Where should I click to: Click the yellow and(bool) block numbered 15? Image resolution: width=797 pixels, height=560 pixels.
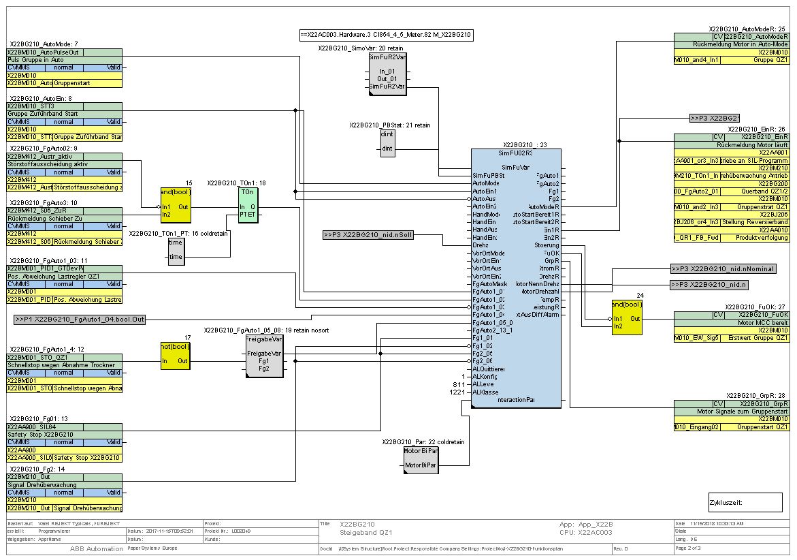[x=176, y=205]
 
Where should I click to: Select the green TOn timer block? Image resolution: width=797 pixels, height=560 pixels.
[x=248, y=205]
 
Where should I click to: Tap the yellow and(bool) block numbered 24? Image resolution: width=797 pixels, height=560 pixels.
[x=626, y=317]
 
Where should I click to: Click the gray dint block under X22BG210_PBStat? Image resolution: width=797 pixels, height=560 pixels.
[x=387, y=143]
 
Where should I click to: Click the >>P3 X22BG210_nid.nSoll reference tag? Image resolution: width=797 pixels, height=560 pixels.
[x=368, y=235]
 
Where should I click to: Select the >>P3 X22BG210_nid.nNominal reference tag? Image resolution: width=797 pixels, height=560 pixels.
[x=722, y=268]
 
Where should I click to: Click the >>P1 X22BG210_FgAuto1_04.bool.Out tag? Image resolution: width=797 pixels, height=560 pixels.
[x=80, y=319]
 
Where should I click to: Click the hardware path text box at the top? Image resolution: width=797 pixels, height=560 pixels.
[x=386, y=34]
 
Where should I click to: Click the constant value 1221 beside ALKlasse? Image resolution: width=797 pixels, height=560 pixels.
[x=456, y=392]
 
